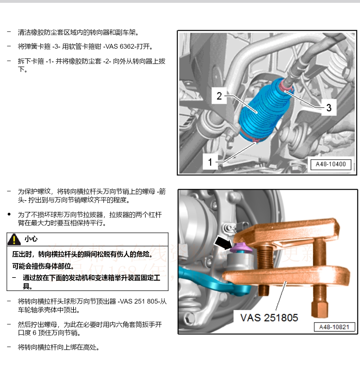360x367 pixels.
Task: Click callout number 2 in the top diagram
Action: point(219,96)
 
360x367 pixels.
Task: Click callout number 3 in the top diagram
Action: point(329,108)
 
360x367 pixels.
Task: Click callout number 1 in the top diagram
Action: point(210,162)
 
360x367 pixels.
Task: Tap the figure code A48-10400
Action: point(330,164)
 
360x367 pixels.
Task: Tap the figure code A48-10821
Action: point(334,327)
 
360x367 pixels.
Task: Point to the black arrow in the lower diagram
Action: point(223,243)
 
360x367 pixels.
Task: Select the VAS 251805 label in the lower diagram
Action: point(269,318)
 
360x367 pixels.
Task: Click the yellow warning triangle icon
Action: point(14,239)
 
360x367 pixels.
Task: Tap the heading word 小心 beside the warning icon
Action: point(31,239)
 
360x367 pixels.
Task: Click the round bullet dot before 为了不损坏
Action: point(9,214)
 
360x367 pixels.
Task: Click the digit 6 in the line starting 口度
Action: point(35,333)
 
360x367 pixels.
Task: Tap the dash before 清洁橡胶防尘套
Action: point(9,32)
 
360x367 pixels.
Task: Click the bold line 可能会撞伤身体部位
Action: point(43,266)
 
